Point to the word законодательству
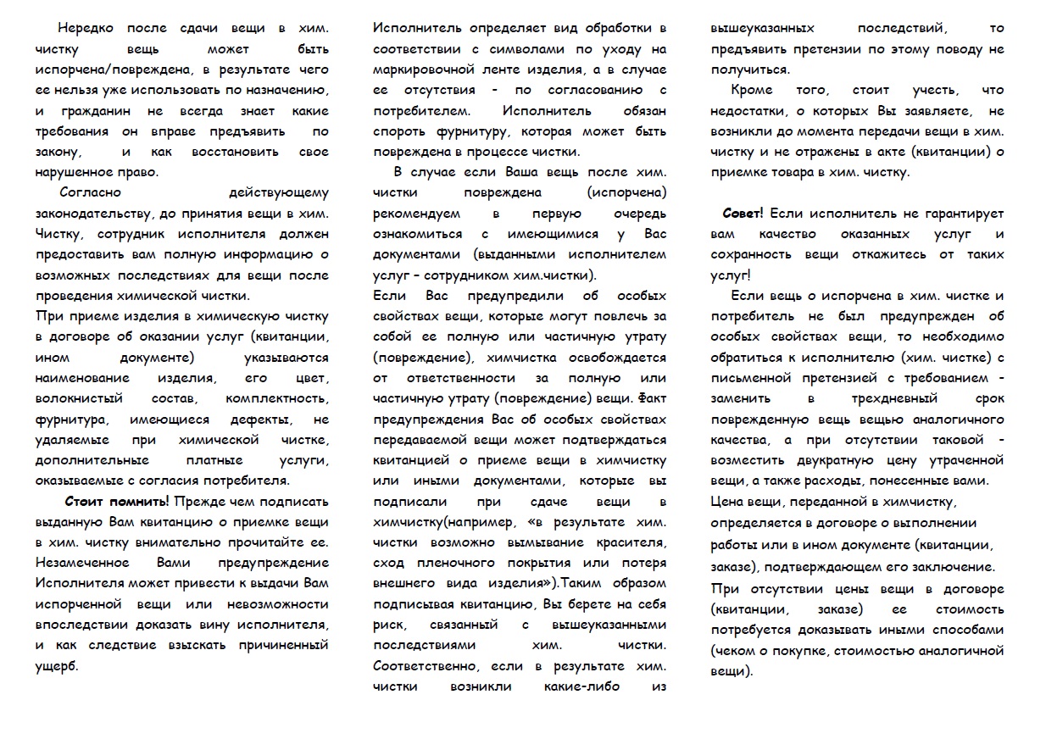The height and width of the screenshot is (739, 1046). point(97,214)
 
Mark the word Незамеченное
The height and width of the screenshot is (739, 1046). point(82,563)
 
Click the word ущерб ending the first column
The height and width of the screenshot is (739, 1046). point(56,666)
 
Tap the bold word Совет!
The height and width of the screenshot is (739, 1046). point(743,214)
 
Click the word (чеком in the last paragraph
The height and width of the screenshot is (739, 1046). point(737,651)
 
